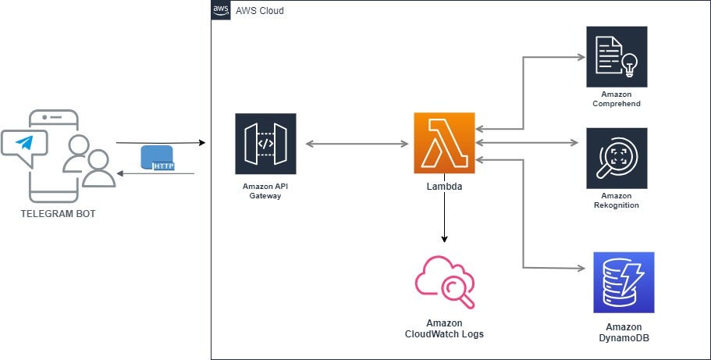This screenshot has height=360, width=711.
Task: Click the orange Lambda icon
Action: pyautogui.click(x=445, y=143)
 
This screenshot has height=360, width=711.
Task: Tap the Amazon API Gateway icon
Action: pyautogui.click(x=265, y=144)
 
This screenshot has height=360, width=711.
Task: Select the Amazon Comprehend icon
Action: pyautogui.click(x=617, y=56)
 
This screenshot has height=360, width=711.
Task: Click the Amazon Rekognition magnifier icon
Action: pyautogui.click(x=617, y=159)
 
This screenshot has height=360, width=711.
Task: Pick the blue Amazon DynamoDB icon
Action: pyautogui.click(x=623, y=282)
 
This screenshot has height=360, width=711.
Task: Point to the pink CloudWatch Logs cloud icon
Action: pyautogui.click(x=445, y=282)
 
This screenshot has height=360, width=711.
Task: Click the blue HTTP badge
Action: pyautogui.click(x=158, y=159)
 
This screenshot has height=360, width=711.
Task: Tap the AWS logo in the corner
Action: pyautogui.click(x=220, y=11)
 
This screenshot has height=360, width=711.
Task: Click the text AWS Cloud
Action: pyautogui.click(x=260, y=11)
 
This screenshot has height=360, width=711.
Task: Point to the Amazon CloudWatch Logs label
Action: pyautogui.click(x=444, y=328)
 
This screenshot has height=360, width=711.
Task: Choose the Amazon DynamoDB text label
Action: pyautogui.click(x=623, y=332)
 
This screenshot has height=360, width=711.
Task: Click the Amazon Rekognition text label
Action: pyautogui.click(x=617, y=200)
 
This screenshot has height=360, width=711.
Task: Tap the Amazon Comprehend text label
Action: pyautogui.click(x=617, y=98)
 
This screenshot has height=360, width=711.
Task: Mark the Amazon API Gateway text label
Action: pyautogui.click(x=265, y=191)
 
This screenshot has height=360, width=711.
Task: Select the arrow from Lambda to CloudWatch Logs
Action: pyautogui.click(x=445, y=219)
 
